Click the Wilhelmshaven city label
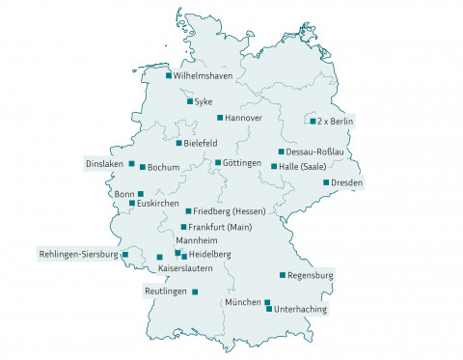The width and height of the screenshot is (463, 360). click(x=203, y=75)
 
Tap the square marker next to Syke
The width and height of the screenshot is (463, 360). click(x=189, y=100)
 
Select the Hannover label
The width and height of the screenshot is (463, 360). click(x=243, y=118)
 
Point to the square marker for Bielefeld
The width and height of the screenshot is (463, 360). click(x=178, y=143)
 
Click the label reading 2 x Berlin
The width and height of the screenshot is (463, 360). click(x=337, y=122)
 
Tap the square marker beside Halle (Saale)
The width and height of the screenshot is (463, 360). click(x=274, y=166)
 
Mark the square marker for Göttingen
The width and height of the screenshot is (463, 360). click(x=218, y=162)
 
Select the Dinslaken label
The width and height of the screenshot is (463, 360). click(x=105, y=163)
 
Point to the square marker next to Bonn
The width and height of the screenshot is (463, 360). click(x=141, y=194)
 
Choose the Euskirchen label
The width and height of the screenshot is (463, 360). click(x=158, y=204)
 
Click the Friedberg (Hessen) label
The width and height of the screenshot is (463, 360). click(x=230, y=210)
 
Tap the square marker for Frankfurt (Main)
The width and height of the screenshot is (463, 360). click(x=183, y=227)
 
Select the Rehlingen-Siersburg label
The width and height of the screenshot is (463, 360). click(x=78, y=254)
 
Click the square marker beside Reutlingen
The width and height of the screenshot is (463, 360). click(x=195, y=291)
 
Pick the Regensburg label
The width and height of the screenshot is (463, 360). click(x=311, y=275)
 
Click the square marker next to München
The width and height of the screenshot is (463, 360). click(x=267, y=302)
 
